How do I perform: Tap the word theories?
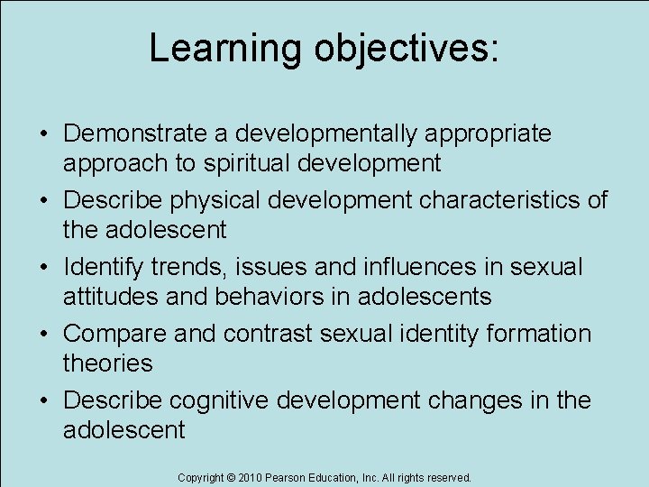point(108,363)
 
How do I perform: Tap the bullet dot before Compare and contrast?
point(43,335)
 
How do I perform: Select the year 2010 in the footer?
point(249,477)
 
